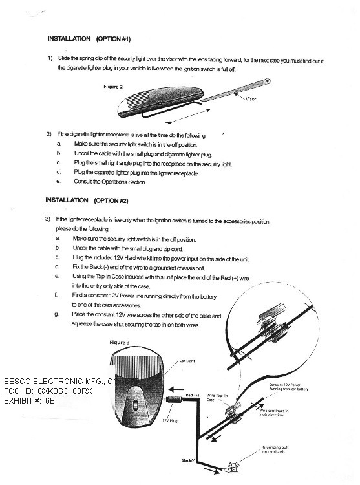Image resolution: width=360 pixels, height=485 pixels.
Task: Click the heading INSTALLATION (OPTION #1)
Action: [89, 39]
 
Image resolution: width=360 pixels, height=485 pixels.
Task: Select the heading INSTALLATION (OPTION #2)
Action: [87, 200]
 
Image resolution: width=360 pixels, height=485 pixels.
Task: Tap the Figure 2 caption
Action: [113, 87]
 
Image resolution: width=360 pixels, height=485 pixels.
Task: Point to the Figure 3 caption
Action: [120, 342]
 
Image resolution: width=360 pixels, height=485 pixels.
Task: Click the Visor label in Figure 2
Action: [251, 99]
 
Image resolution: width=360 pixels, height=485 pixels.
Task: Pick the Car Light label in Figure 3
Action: [187, 361]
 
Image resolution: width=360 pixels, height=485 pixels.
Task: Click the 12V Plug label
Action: [170, 421]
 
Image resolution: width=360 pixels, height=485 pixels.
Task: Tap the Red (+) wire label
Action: [193, 395]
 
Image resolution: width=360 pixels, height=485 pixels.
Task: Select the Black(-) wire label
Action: [188, 460]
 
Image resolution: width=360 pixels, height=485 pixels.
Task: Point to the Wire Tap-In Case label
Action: [217, 398]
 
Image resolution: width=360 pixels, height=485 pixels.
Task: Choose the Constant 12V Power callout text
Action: [289, 387]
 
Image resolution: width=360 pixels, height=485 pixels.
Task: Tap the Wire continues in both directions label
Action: [274, 413]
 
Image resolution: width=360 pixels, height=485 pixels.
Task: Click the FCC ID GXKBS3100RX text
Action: [48, 391]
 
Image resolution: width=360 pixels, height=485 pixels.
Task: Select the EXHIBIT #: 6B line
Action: [29, 401]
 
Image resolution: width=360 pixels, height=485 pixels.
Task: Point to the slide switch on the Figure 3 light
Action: [134, 405]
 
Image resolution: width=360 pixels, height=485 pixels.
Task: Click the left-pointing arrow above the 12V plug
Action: [176, 389]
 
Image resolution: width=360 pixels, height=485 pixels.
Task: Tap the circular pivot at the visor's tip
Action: [268, 81]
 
